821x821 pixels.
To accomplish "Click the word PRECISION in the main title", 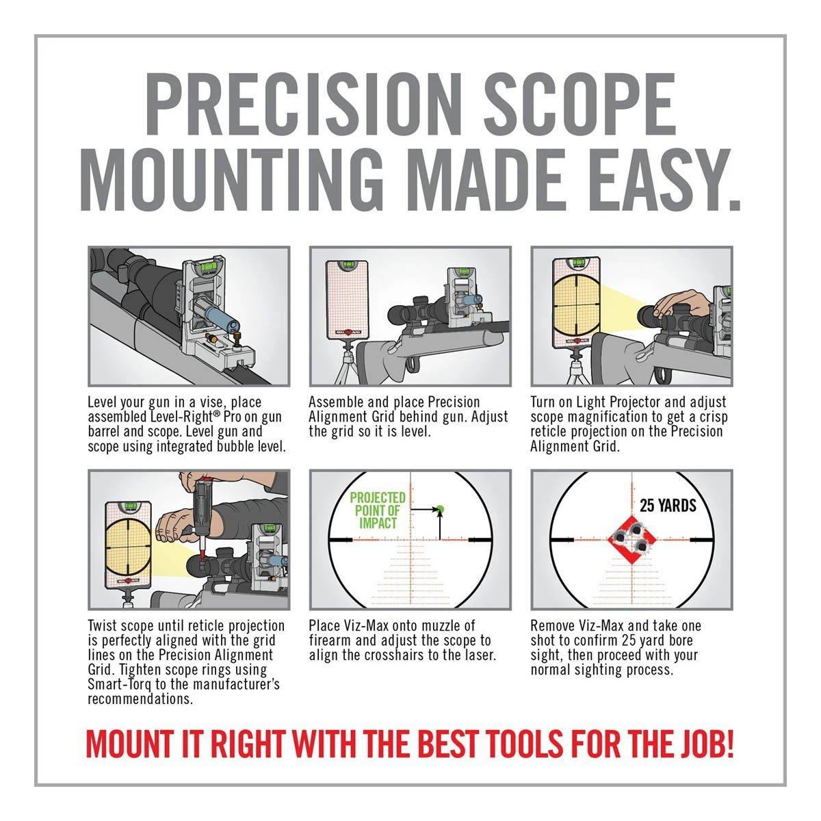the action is (x=304, y=105).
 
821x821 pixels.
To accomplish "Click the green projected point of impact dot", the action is (x=441, y=508).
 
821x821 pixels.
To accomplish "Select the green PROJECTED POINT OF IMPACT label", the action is (x=378, y=510).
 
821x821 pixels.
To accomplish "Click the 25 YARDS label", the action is (x=668, y=506).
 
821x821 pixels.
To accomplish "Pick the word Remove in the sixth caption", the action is (x=553, y=626).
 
